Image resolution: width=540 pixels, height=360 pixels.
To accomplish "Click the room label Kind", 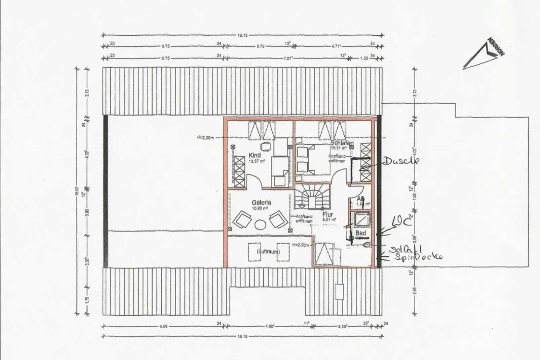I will [x=255, y=155].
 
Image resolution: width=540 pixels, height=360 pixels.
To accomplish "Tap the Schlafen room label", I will [x=342, y=143].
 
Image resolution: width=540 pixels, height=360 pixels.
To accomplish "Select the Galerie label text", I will [x=262, y=203].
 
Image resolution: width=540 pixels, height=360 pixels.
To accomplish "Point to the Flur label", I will [x=327, y=214].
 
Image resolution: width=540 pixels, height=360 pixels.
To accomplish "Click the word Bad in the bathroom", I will [x=360, y=233].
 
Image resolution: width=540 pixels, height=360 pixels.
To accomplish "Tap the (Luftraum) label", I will [x=268, y=251].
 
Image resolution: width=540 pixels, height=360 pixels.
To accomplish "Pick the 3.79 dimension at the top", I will [x=260, y=46].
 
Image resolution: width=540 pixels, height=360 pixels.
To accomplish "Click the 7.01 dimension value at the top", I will [x=287, y=58].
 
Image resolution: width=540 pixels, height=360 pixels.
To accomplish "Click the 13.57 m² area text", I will [x=257, y=161].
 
